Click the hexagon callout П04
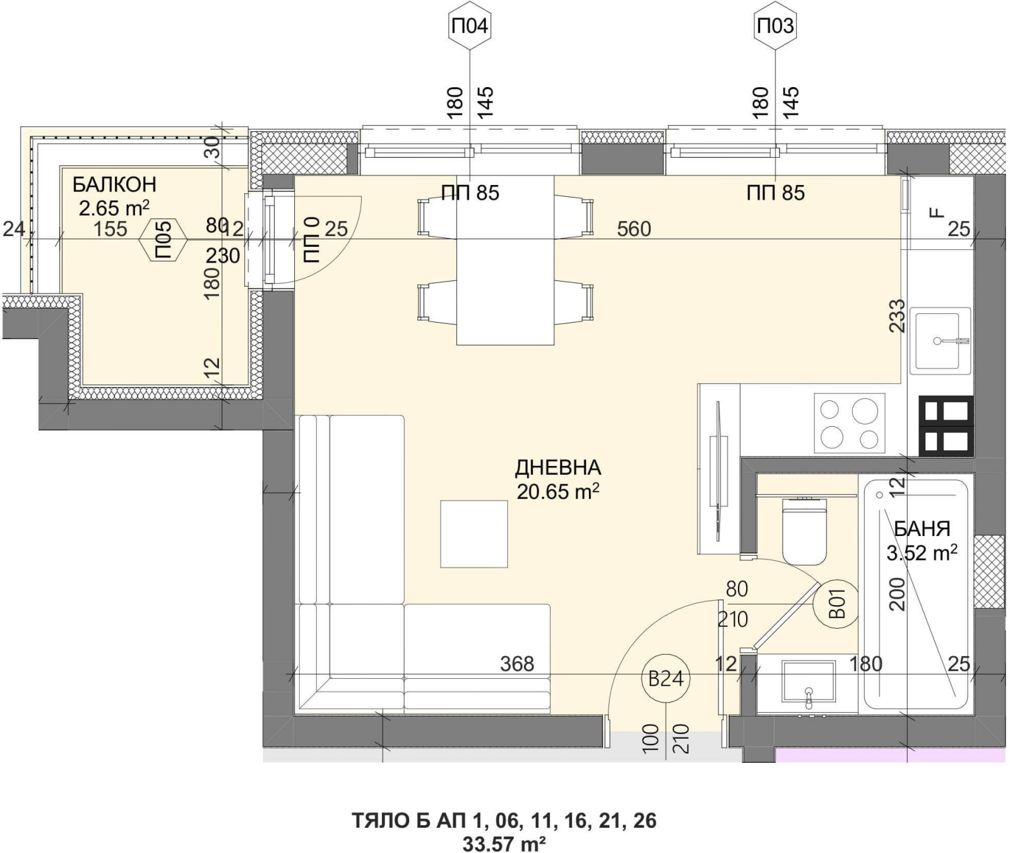[x=470, y=27]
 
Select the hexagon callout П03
[x=775, y=27]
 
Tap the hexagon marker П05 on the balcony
[x=163, y=240]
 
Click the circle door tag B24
[x=666, y=679]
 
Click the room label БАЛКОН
[x=114, y=185]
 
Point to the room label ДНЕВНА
[x=558, y=468]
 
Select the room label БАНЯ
[x=922, y=528]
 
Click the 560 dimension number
[x=634, y=229]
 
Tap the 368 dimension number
[x=517, y=664]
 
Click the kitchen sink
[x=940, y=341]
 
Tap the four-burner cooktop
[x=849, y=423]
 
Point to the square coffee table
[x=473, y=534]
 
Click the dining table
[x=506, y=260]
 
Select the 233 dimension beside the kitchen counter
[x=896, y=316]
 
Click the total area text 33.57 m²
[x=504, y=843]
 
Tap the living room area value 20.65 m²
[x=558, y=491]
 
